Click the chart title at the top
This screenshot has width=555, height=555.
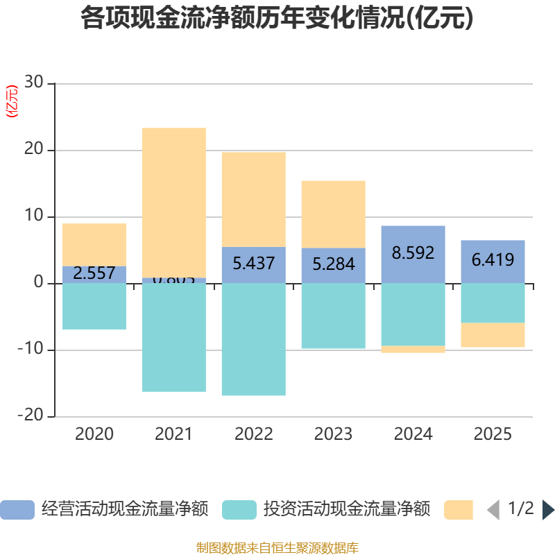point(277,18)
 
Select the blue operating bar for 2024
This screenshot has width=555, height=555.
point(413,254)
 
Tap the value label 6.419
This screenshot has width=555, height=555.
point(493,260)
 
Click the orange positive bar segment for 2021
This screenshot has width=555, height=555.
point(173,201)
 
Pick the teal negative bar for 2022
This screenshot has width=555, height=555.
point(253,340)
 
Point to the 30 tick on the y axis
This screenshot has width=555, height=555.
point(33,83)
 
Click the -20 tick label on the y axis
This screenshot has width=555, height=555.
point(31,416)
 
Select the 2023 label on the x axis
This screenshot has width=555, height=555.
point(333,435)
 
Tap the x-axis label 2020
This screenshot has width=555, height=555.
point(94,435)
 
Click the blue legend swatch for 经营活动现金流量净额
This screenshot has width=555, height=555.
point(17,510)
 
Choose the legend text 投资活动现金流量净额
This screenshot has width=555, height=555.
point(346,509)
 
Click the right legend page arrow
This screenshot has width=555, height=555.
point(548,510)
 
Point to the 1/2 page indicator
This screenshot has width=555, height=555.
point(520,509)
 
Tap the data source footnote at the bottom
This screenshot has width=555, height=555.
point(277,548)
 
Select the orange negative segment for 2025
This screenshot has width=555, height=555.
point(493,335)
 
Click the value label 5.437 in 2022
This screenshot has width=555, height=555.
point(253,264)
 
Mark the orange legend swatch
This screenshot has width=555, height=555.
point(458,510)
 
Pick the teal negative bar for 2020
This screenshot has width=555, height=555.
point(94,307)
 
